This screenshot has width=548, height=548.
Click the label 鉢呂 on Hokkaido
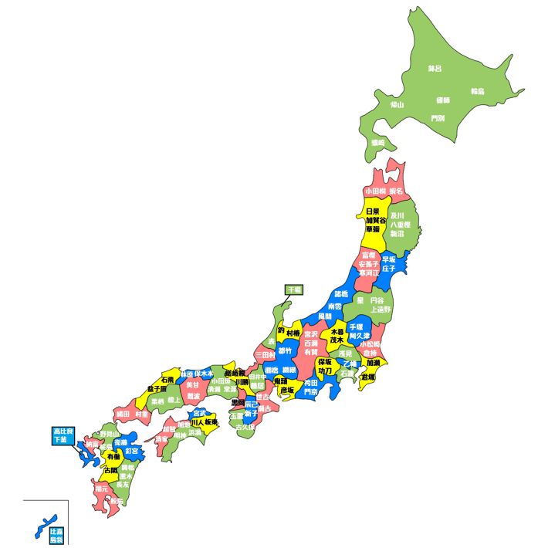pyautogui.click(x=435, y=69)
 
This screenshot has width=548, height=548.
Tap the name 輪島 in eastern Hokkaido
pyautogui.click(x=477, y=91)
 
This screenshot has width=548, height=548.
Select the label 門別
pyautogui.click(x=438, y=118)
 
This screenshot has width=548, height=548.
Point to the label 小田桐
pyautogui.click(x=374, y=190)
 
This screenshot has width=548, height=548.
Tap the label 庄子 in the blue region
pyautogui.click(x=387, y=269)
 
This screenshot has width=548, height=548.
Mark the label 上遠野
pyautogui.click(x=381, y=309)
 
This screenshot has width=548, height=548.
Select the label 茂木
pyautogui.click(x=337, y=340)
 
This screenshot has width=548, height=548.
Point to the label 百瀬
pyautogui.click(x=310, y=342)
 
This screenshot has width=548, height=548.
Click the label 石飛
pyautogui.click(x=167, y=380)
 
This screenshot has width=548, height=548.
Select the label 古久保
pyautogui.click(x=245, y=426)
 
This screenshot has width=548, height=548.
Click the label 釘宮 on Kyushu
pyautogui.click(x=132, y=451)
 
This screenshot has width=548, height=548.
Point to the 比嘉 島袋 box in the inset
pyautogui.click(x=56, y=536)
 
